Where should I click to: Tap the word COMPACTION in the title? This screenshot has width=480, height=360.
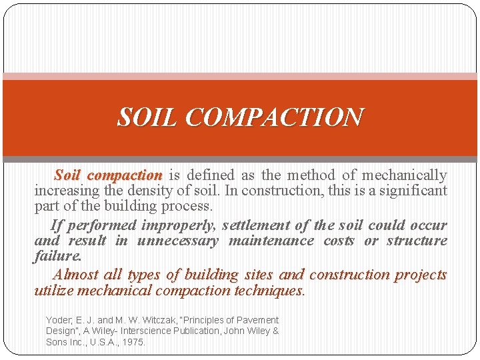(x=275, y=117)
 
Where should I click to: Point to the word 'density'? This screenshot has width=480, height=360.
(x=157, y=191)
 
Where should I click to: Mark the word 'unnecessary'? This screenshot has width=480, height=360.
(x=177, y=241)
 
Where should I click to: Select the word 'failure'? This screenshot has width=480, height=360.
(x=57, y=256)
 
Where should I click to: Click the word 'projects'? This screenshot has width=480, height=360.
(x=420, y=275)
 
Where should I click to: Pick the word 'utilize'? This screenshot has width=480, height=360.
(x=54, y=291)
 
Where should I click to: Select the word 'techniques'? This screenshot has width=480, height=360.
(x=269, y=291)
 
